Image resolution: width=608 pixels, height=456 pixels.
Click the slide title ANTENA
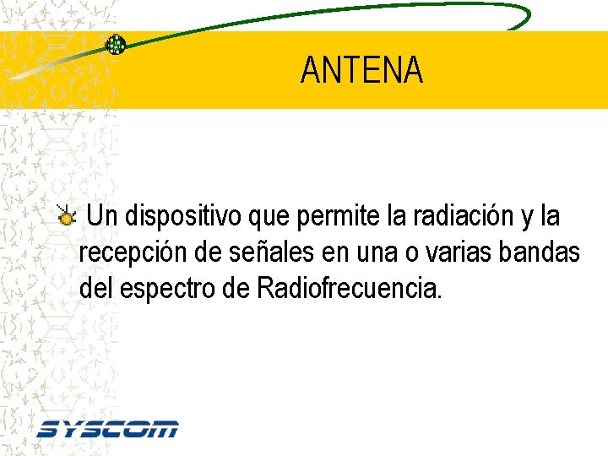(x=361, y=71)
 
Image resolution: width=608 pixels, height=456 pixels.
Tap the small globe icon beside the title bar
(x=116, y=45)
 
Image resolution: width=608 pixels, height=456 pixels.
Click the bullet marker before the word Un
(x=67, y=218)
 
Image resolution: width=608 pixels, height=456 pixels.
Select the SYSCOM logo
(x=107, y=429)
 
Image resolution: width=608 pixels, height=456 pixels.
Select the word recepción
(x=130, y=253)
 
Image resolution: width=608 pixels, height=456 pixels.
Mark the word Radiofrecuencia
(x=348, y=290)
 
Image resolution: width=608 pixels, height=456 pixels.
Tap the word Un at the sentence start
(x=103, y=217)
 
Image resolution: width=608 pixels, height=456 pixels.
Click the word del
(x=96, y=290)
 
